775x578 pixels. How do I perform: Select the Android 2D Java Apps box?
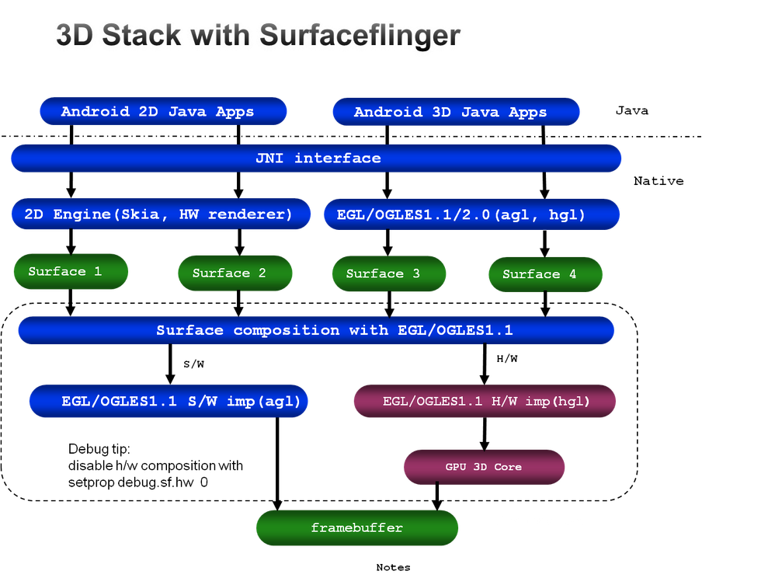coord(163,112)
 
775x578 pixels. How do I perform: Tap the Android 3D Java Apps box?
coord(456,112)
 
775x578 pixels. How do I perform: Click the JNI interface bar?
coord(317,158)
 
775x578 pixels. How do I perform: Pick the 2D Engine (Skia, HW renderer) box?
coord(161,214)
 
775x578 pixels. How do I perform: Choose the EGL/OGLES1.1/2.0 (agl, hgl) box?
coord(471,214)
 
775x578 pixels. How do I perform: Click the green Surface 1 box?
coord(71,271)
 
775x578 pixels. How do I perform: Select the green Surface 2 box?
coord(235,273)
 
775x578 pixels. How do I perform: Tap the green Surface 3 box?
coord(389,273)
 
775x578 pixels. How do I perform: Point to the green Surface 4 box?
coord(545,274)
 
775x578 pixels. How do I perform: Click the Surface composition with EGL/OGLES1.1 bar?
coord(316,330)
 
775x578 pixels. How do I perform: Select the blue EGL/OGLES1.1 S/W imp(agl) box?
coord(169,402)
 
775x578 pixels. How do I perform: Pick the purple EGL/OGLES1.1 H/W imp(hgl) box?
coord(485,402)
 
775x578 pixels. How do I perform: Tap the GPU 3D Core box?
coord(484,467)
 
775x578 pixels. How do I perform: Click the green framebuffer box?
coord(357,528)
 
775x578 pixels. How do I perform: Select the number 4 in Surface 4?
coord(572,274)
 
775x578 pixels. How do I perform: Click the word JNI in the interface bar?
coord(270,158)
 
